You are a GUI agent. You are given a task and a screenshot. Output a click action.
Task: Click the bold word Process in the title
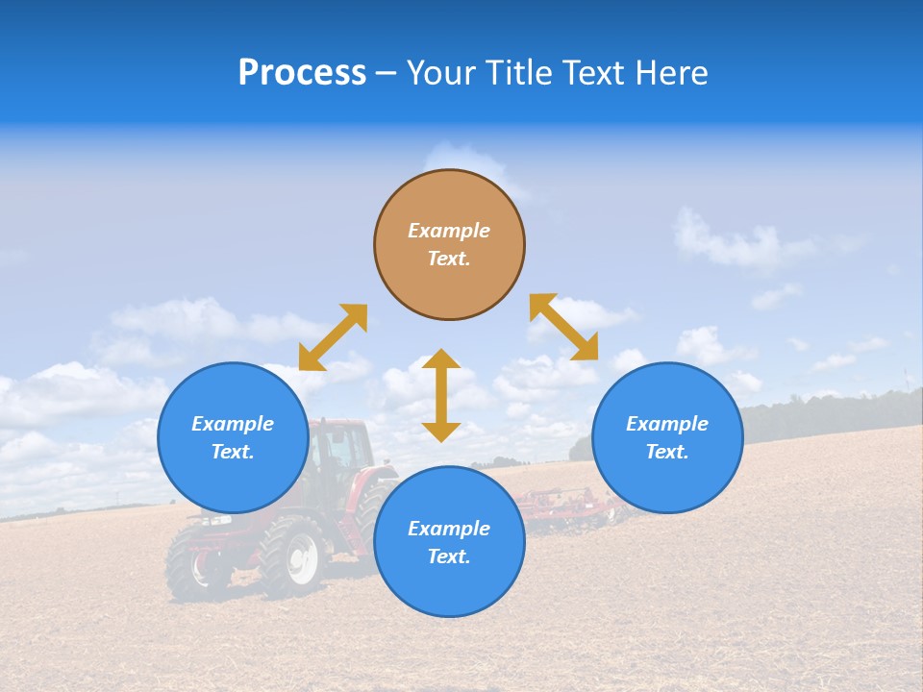302,73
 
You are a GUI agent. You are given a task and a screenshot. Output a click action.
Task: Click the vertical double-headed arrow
441,395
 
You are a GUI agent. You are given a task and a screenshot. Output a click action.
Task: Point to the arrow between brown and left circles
333,337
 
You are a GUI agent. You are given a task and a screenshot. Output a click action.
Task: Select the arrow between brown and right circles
564,328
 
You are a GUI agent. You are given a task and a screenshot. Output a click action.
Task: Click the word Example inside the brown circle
449,231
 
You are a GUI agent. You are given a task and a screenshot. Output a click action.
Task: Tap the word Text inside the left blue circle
233,452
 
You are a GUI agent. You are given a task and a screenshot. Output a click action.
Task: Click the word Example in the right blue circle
667,424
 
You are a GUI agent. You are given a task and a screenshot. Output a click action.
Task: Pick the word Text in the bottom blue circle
449,556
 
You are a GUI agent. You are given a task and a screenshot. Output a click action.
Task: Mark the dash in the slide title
386,73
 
